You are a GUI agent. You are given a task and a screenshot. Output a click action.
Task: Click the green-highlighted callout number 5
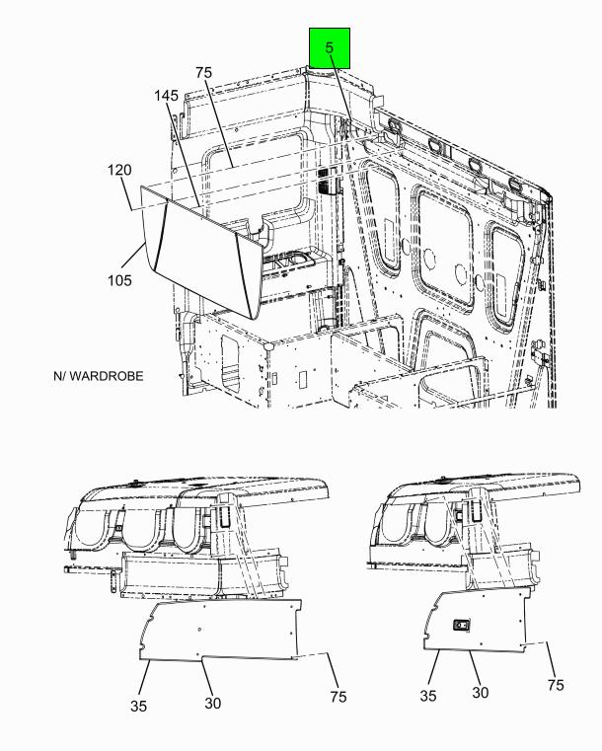point(329,47)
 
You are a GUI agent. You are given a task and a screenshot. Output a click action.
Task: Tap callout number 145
point(166,96)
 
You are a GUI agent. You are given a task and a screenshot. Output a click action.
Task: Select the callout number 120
point(119,170)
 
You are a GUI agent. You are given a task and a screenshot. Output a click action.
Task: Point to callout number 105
point(119,280)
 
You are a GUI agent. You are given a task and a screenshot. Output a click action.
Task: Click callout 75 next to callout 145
point(203,72)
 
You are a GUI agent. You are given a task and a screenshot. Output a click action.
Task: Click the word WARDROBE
point(107,376)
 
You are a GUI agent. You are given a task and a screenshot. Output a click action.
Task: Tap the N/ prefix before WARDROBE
point(60,376)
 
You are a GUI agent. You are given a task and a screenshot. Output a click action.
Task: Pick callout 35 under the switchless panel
point(138,706)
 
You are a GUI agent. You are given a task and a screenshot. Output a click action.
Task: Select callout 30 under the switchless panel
point(212,703)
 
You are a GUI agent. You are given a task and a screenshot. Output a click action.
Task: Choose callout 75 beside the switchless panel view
point(339,697)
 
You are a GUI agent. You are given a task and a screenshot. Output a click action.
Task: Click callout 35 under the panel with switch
point(428,696)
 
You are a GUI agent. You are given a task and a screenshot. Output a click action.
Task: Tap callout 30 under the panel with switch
point(481,692)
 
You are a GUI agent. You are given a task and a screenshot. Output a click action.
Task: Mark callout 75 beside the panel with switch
point(556,685)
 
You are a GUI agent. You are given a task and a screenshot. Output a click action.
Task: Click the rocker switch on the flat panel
point(462,626)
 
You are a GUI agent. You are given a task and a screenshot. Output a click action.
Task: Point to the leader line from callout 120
point(128,194)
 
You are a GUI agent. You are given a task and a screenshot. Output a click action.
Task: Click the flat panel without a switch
point(220,631)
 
